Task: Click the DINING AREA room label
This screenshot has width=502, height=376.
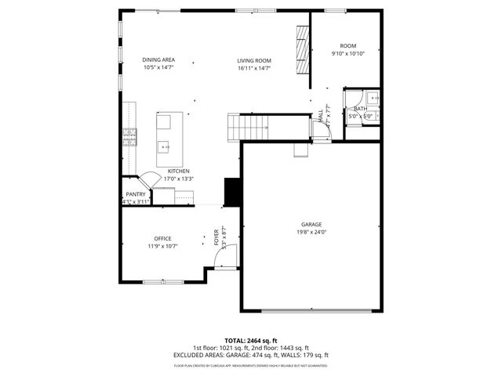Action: [x=158, y=60]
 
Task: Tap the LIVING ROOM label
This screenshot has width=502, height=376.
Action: [x=254, y=60]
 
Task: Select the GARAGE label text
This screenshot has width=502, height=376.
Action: [x=311, y=224]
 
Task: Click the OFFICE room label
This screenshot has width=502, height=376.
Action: [x=162, y=239]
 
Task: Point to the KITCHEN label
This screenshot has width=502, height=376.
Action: [x=179, y=171]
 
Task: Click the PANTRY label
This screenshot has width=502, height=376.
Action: [x=135, y=194]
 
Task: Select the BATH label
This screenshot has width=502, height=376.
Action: [x=360, y=109]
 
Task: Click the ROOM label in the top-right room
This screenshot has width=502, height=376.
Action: [x=347, y=46]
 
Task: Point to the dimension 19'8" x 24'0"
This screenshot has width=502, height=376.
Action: [x=311, y=232]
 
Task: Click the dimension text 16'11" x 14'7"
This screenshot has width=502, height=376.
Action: [x=254, y=68]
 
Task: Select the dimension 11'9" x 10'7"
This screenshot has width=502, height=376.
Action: [x=162, y=247]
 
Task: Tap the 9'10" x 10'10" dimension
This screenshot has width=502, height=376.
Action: [x=347, y=54]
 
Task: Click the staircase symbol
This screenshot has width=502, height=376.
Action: [x=248, y=125]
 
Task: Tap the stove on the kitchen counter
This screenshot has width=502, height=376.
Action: [x=128, y=139]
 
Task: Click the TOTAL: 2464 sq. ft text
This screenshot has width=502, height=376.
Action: [x=251, y=341]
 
